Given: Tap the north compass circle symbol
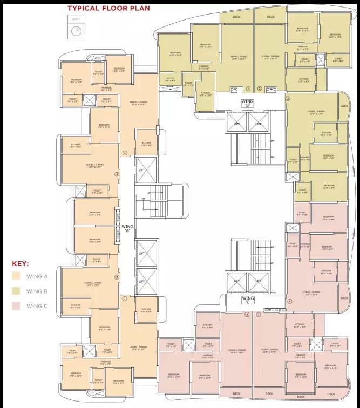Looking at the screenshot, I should (76, 31).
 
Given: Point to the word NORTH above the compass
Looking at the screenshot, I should (76, 20).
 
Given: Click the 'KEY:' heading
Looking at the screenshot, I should (21, 264).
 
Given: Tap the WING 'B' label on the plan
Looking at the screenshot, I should (247, 103).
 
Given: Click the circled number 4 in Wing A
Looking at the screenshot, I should (125, 153).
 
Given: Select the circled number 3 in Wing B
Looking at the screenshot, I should (288, 99).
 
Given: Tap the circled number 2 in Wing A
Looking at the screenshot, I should (116, 277).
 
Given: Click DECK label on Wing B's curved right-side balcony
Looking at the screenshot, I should (344, 106).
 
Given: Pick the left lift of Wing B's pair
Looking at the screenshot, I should (236, 124).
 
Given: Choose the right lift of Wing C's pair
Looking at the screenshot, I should (258, 281).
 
